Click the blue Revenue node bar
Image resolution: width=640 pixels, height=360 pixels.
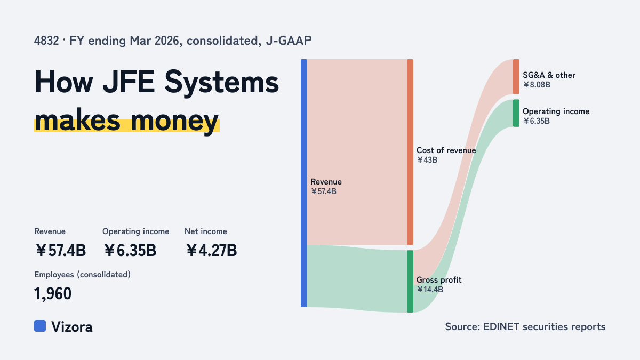point(304,183)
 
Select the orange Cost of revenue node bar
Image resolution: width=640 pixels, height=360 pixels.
point(410,152)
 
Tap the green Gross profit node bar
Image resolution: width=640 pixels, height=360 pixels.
point(410,282)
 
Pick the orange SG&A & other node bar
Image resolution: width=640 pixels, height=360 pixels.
point(516,77)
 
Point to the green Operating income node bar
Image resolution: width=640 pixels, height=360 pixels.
point(516,113)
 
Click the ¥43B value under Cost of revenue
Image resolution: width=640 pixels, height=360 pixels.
point(427,160)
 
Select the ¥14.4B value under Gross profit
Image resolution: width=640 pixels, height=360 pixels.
point(430,290)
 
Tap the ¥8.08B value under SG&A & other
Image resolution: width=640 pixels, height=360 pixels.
point(537,85)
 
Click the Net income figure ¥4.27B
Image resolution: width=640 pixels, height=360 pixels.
point(211,251)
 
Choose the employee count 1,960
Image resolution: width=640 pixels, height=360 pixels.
point(53,294)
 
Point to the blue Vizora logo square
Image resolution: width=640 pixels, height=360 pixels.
point(40,326)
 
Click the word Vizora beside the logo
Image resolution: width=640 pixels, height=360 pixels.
point(72,327)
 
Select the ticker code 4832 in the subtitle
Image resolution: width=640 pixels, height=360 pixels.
point(46,41)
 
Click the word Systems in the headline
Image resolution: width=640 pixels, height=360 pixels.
point(221,82)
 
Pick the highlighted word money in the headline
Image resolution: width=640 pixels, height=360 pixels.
point(174,121)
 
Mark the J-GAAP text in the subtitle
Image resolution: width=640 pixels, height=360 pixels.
point(289,41)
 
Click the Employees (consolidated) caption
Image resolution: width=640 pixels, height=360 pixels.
point(82,275)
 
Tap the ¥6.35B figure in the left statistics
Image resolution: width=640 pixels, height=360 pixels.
point(130,251)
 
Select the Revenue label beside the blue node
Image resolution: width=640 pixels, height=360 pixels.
point(326,182)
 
